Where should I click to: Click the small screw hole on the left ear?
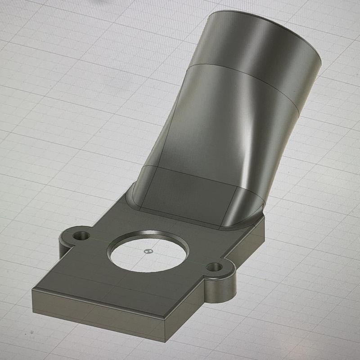click(x=81, y=235)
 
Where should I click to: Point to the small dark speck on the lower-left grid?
click(x=32, y=333)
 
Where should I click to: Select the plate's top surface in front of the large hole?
click(x=112, y=283)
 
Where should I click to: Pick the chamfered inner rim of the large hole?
click(x=148, y=235)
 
